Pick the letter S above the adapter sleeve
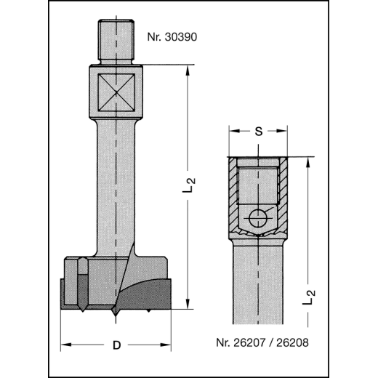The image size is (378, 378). tap(259, 132)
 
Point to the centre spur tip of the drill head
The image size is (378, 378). tap(115, 316)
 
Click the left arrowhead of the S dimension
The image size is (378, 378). tap(233, 132)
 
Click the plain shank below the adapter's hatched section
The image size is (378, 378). tap(259, 283)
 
